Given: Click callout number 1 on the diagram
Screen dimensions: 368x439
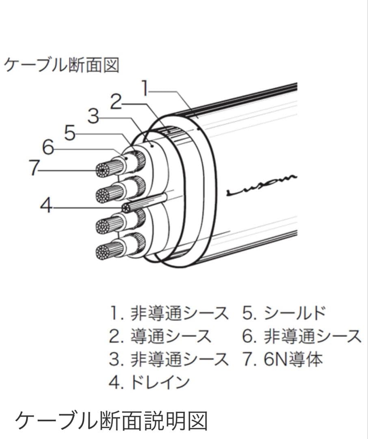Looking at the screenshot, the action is [x=145, y=88].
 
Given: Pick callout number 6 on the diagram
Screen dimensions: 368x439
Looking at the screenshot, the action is [x=48, y=147].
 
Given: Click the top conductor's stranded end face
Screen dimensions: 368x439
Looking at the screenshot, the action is [x=102, y=170].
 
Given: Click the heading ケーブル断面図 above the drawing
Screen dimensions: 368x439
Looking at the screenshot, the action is [x=62, y=65].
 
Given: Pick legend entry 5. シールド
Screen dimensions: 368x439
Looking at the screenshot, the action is [x=284, y=313].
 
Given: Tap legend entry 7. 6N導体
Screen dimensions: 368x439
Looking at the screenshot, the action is [x=283, y=359].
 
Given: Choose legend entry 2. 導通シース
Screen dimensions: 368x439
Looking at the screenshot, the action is [x=160, y=336].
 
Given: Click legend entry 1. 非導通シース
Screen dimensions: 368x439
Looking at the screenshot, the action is [x=169, y=313].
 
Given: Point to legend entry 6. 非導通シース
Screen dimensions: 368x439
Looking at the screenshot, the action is [x=302, y=336].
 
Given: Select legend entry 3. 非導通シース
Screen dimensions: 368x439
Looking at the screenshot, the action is [x=169, y=359].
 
